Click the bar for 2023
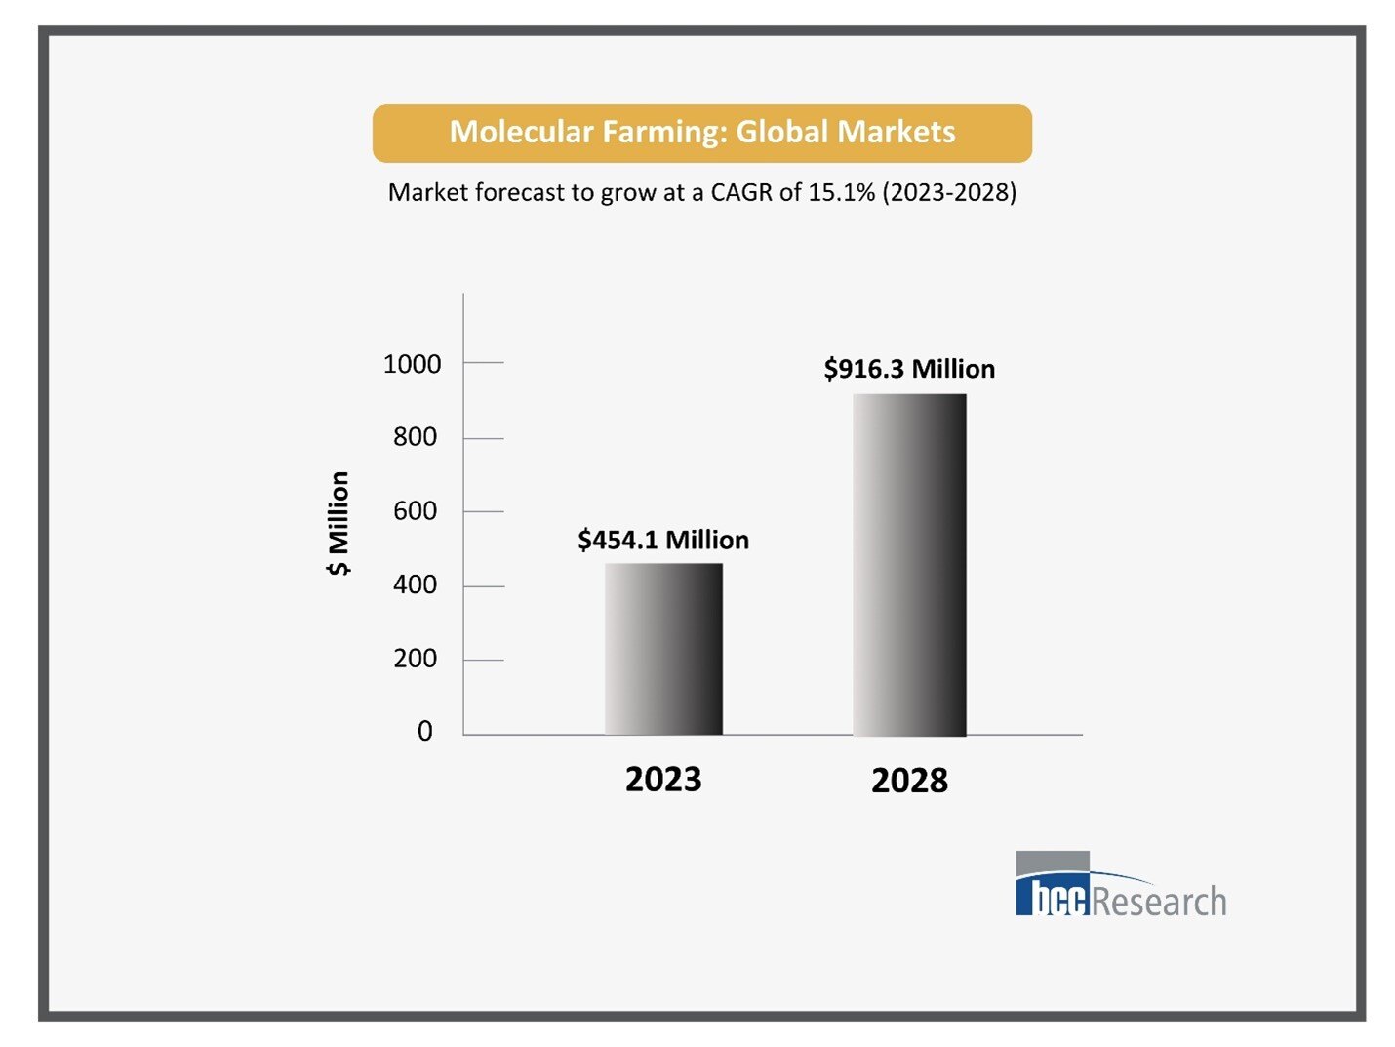[663, 649]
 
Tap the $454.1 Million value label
[663, 540]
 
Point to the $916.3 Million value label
[909, 369]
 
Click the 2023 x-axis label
[663, 780]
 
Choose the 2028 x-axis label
[909, 781]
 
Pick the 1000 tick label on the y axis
[412, 364]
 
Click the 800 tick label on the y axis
[415, 437]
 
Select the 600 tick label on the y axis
[415, 511]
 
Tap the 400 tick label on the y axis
[415, 584]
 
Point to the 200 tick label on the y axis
[415, 659]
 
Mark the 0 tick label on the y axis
[424, 732]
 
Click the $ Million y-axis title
[338, 524]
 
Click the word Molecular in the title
[521, 132]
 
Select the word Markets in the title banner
[896, 132]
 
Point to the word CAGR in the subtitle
[741, 192]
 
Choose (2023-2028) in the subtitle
[949, 192]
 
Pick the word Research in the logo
[1159, 901]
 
